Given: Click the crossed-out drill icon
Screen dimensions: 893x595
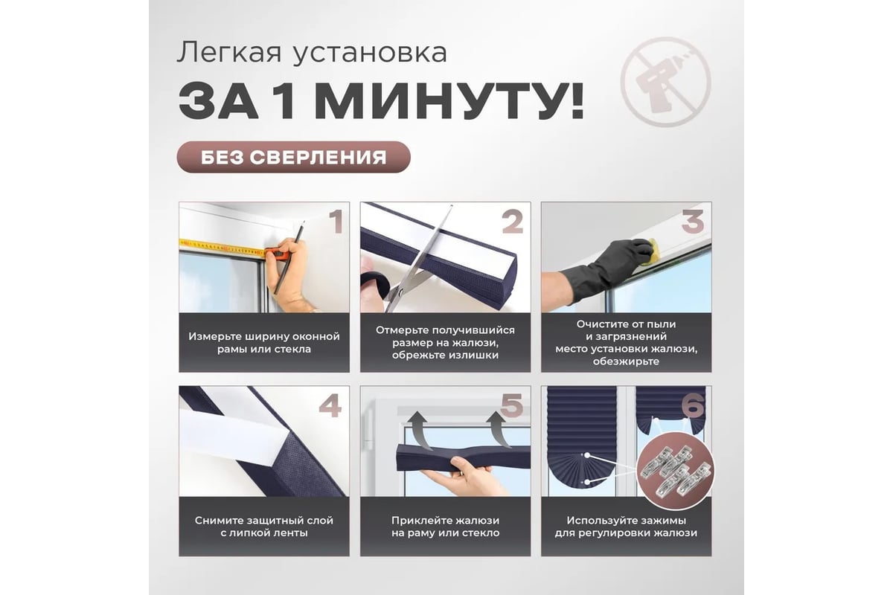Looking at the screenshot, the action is tap(665, 82).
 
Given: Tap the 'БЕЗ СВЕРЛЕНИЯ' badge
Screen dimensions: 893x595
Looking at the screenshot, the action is tap(293, 157).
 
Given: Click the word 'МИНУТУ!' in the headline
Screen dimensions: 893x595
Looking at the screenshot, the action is tap(449, 102).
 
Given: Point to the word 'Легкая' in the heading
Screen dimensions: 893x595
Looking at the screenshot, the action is tap(229, 52).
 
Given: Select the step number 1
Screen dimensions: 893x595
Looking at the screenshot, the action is tap(336, 222).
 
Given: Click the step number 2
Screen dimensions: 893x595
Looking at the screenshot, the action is tap(512, 222).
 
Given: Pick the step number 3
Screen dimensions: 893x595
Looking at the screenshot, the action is tap(693, 222).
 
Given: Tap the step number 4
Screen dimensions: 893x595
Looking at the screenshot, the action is tap(330, 405).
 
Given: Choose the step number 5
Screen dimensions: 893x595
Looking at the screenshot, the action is tap(512, 405).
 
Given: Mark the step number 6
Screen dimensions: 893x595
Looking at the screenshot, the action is tap(693, 405).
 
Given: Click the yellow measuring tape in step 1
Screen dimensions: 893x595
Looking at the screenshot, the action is tap(222, 248).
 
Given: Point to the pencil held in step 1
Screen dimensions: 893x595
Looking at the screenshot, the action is tap(289, 257).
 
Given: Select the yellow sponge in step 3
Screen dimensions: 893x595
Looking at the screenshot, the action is tap(653, 249).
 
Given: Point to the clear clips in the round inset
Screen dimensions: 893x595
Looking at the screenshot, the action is tap(676, 471).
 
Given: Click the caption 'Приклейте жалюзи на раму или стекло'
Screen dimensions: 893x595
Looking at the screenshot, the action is tap(445, 527).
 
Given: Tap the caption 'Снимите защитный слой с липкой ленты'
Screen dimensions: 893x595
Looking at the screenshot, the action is tap(264, 527).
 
